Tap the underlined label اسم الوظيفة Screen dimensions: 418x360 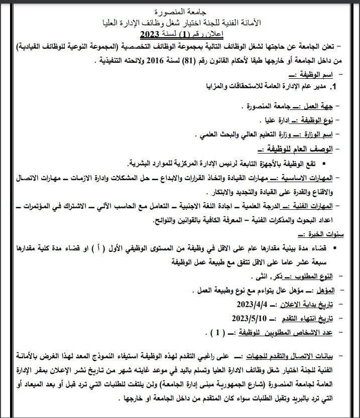coord(313,74)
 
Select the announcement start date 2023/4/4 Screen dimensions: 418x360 coord(250,304)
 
